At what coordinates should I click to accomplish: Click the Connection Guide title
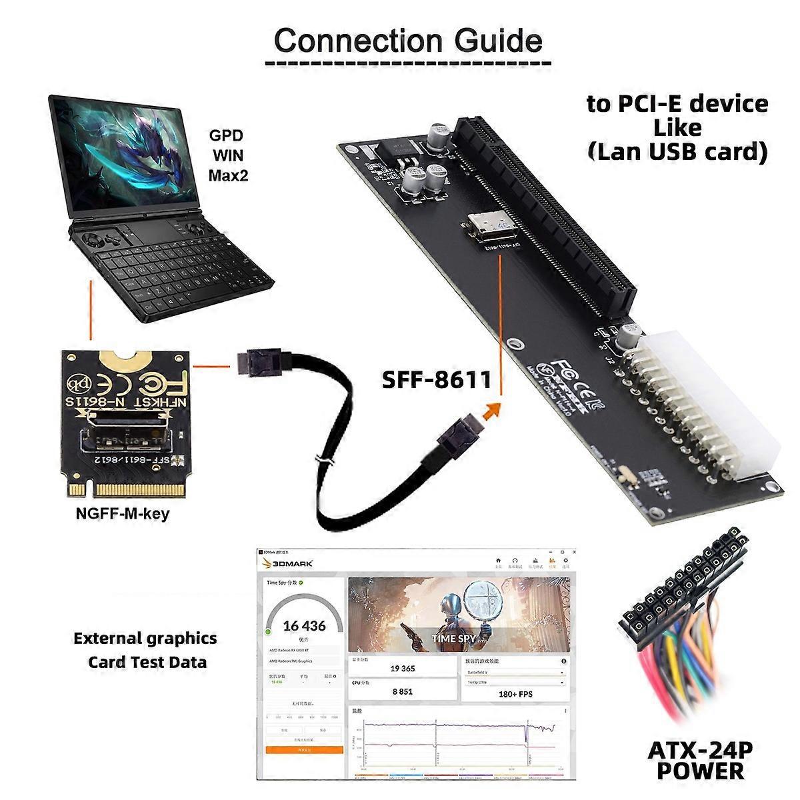coord(408,41)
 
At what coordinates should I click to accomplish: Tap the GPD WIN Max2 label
coord(226,155)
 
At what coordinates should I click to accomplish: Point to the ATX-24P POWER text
coord(700,760)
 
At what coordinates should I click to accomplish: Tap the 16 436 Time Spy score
coord(304,626)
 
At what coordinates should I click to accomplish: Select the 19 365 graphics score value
coord(403,668)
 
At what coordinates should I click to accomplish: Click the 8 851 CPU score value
coord(402,691)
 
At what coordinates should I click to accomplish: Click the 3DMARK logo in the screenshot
coord(289,563)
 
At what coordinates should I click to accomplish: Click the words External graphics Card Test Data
coord(145,650)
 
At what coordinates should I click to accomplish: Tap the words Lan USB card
coord(677,151)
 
